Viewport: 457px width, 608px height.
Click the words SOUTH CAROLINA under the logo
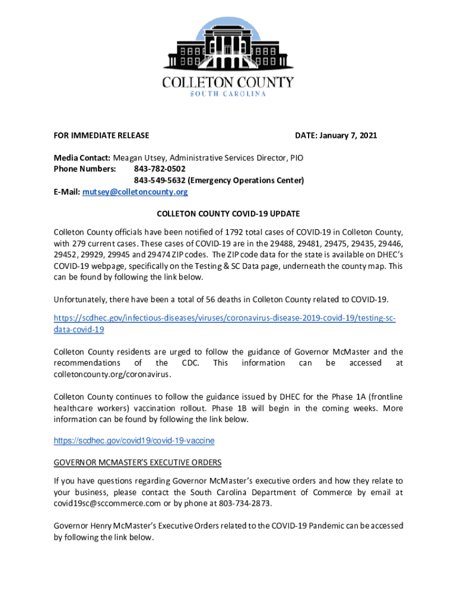pos(228,94)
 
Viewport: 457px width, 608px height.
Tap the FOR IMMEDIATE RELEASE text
pos(101,136)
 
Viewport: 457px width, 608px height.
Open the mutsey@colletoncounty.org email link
pos(135,192)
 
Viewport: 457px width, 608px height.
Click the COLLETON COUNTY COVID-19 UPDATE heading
pos(228,213)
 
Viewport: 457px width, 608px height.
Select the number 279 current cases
pos(80,243)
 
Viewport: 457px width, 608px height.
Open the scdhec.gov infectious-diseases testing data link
pos(224,318)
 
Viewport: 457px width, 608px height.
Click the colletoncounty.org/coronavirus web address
pos(112,375)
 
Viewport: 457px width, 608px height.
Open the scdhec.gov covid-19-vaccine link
pos(134,441)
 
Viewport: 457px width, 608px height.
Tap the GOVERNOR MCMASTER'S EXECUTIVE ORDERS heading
pos(138,463)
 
